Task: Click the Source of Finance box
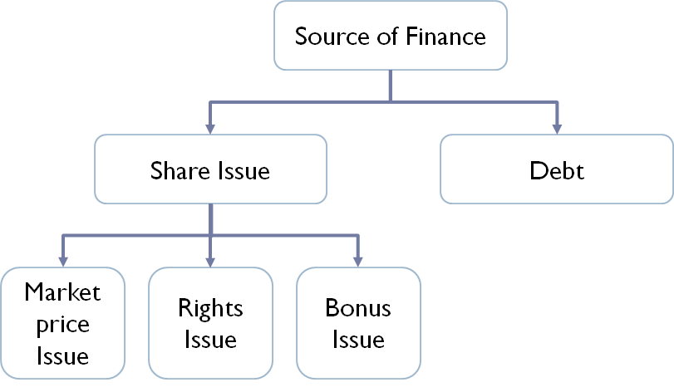click(390, 37)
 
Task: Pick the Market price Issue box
click(63, 324)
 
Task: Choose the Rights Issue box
click(210, 324)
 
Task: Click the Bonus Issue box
click(357, 324)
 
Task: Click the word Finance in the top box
click(445, 37)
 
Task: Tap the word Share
click(175, 171)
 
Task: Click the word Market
click(63, 292)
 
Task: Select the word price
click(63, 325)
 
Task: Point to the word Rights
click(210, 308)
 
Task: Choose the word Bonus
click(357, 308)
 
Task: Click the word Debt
click(556, 171)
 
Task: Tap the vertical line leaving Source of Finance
click(391, 86)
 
